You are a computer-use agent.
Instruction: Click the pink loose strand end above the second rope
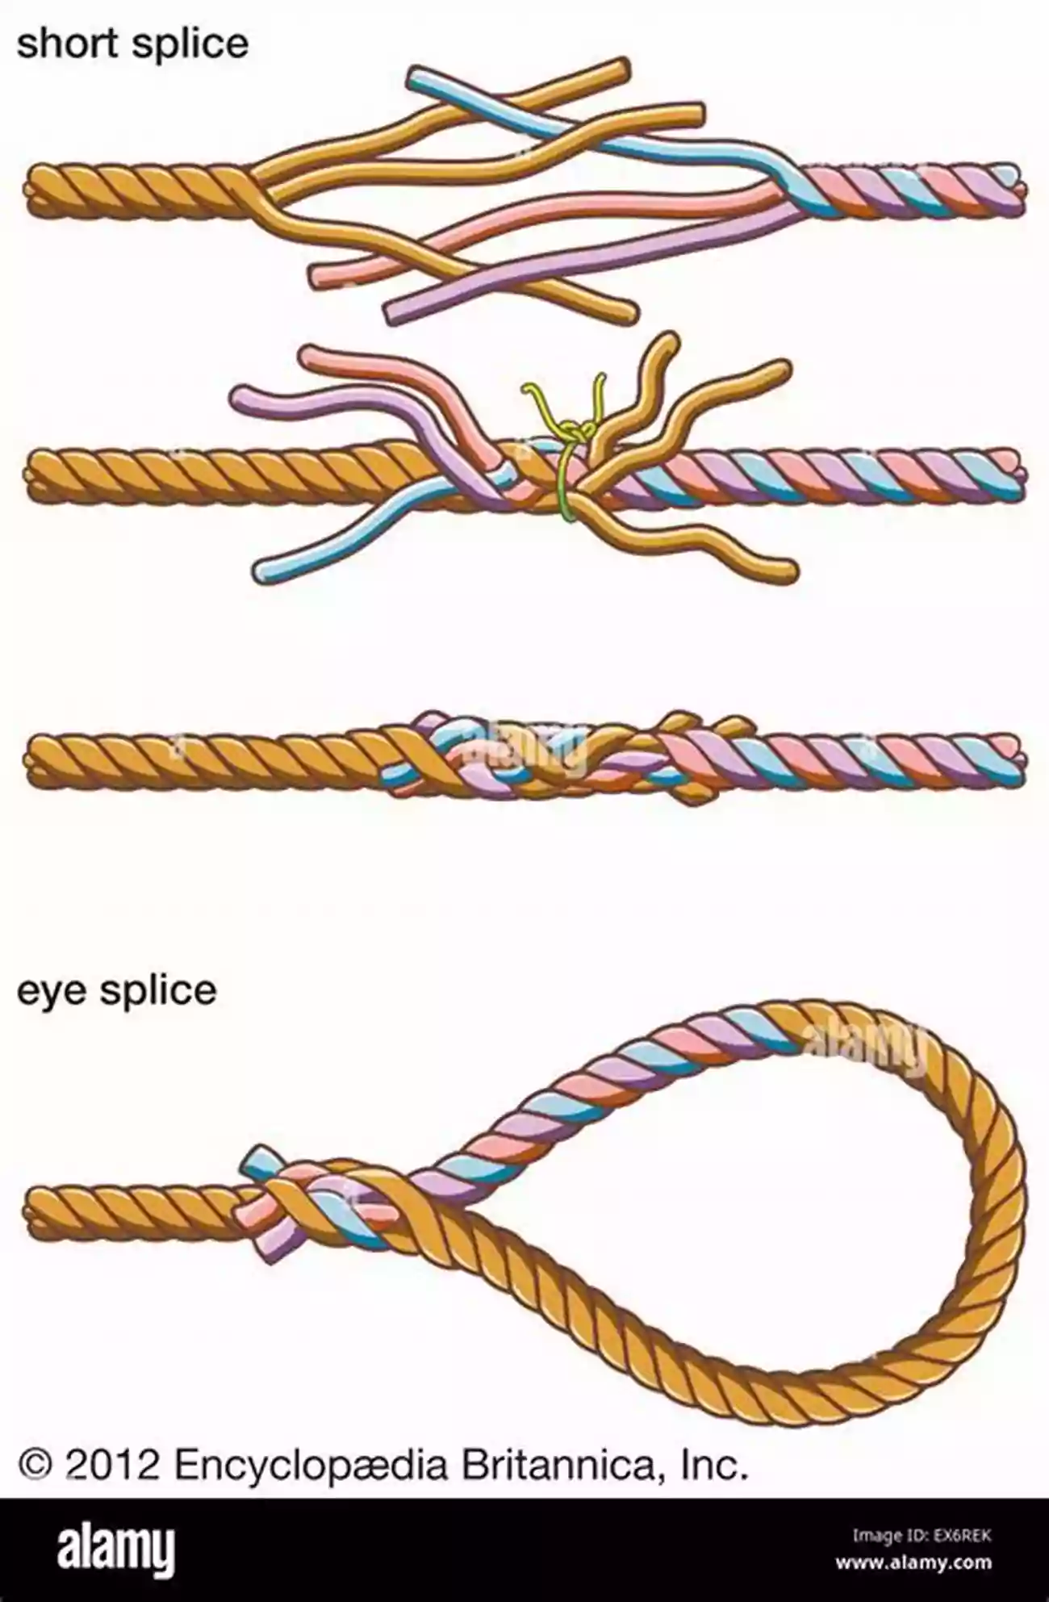pos(311,355)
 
